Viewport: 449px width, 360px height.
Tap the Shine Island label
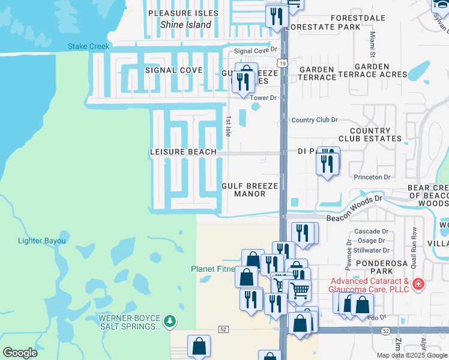coord(185,25)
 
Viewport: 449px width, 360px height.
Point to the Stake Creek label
coord(88,46)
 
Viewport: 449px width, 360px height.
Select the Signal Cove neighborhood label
coord(174,70)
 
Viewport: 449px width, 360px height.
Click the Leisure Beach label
coord(183,152)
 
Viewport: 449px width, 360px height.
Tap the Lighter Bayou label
coord(41,241)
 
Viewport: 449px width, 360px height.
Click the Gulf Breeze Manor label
coord(250,190)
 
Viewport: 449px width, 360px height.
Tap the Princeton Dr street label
coord(372,177)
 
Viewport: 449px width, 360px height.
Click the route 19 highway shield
coord(282,62)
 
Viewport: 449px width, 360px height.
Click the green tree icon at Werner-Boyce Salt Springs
coord(170,321)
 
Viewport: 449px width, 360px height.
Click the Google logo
coord(20,353)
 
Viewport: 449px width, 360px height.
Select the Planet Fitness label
coord(213,268)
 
